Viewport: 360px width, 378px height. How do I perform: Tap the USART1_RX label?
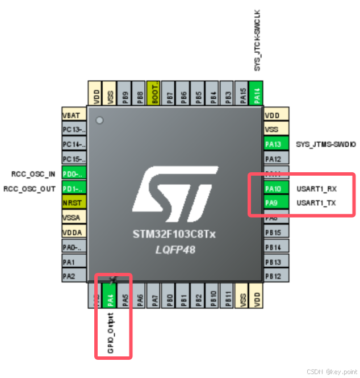click(x=316, y=188)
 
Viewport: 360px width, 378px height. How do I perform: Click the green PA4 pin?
click(x=111, y=298)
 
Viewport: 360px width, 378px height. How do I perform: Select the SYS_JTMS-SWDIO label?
click(x=326, y=144)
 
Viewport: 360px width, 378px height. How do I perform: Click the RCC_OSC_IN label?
click(x=33, y=173)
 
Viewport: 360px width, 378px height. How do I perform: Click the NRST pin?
click(x=73, y=203)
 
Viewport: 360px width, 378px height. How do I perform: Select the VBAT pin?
click(x=73, y=114)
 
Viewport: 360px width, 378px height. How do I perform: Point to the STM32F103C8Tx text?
click(x=175, y=234)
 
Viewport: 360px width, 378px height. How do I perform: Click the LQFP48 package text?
click(x=175, y=249)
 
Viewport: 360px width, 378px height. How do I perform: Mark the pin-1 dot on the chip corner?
click(x=100, y=120)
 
